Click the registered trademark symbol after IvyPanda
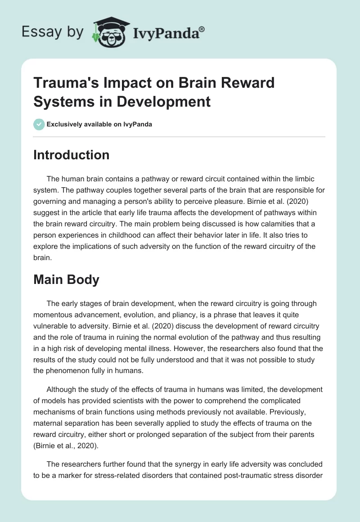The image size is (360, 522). pos(202,29)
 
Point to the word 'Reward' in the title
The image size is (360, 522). pos(246,83)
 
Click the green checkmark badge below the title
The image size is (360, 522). pos(39,124)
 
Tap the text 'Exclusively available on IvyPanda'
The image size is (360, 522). pos(99,124)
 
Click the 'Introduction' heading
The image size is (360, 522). pos(72,155)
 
